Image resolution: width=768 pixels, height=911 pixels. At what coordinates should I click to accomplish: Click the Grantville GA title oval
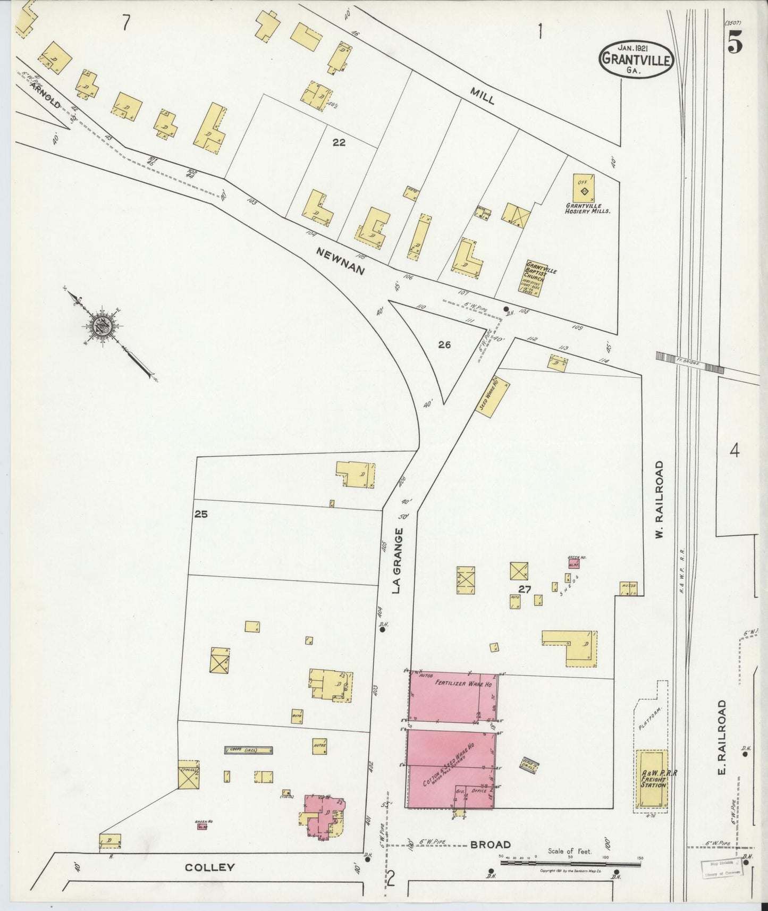pyautogui.click(x=637, y=60)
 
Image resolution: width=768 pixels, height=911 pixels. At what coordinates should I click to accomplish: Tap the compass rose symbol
pyautogui.click(x=100, y=326)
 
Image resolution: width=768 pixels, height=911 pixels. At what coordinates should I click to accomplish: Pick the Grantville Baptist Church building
pyautogui.click(x=534, y=275)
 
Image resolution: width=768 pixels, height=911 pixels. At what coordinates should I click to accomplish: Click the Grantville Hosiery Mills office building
pyautogui.click(x=584, y=188)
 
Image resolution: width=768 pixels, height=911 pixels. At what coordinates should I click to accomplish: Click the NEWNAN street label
pyautogui.click(x=340, y=262)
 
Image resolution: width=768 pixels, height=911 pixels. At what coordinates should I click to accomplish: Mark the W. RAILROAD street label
pyautogui.click(x=659, y=500)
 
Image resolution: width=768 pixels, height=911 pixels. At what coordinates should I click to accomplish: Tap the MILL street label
pyautogui.click(x=482, y=96)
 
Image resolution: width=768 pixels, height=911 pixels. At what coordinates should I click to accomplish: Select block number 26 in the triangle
pyautogui.click(x=444, y=345)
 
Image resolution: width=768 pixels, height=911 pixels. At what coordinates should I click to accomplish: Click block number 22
pyautogui.click(x=339, y=142)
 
